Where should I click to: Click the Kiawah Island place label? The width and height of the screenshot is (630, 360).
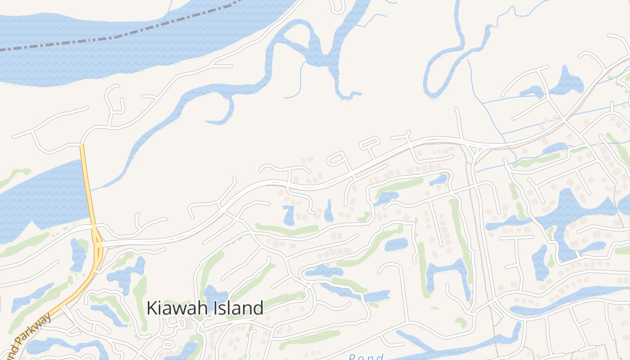click(205, 308)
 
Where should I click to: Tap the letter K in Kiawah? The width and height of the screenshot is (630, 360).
click(152, 308)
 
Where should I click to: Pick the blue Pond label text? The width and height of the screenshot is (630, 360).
click(365, 357)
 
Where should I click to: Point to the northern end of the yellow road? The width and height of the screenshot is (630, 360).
click(82, 145)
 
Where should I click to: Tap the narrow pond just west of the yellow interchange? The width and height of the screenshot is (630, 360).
click(78, 254)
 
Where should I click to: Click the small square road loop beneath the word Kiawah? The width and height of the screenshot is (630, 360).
click(172, 322)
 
